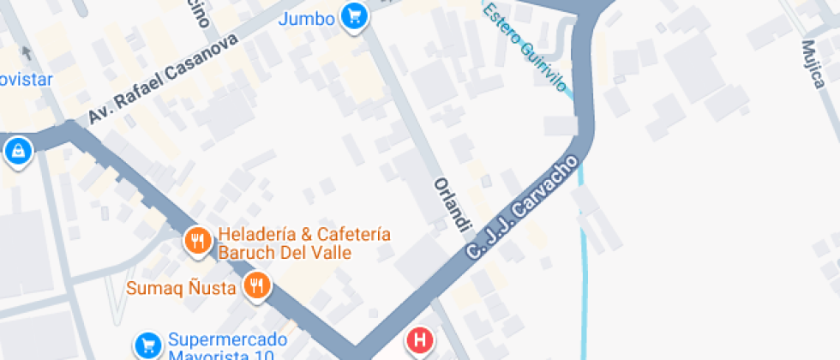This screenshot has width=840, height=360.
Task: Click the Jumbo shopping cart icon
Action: point(353,15)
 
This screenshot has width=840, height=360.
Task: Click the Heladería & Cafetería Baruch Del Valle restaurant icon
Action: point(198,242)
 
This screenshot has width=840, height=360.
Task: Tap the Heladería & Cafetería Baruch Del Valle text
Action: point(304,243)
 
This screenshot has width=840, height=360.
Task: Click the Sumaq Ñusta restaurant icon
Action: point(256,286)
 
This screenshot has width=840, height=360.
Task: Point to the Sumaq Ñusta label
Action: point(181,287)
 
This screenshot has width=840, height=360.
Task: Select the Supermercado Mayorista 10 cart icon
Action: point(147,345)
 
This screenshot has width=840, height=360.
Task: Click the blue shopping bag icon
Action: point(17,153)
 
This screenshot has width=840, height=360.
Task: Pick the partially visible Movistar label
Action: point(26,80)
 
